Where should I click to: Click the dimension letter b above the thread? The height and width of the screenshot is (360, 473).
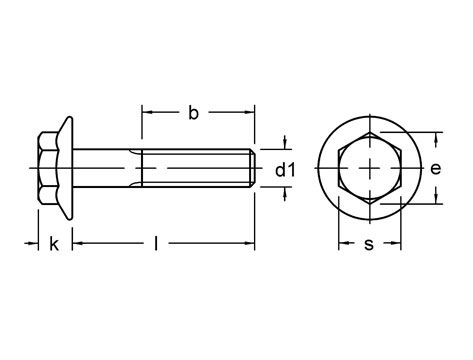coord(193,114)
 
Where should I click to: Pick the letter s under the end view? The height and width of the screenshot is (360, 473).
coord(368,244)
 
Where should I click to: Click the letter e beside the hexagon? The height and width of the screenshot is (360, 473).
coord(435,169)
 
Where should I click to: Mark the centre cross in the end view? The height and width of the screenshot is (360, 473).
coord(370,168)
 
